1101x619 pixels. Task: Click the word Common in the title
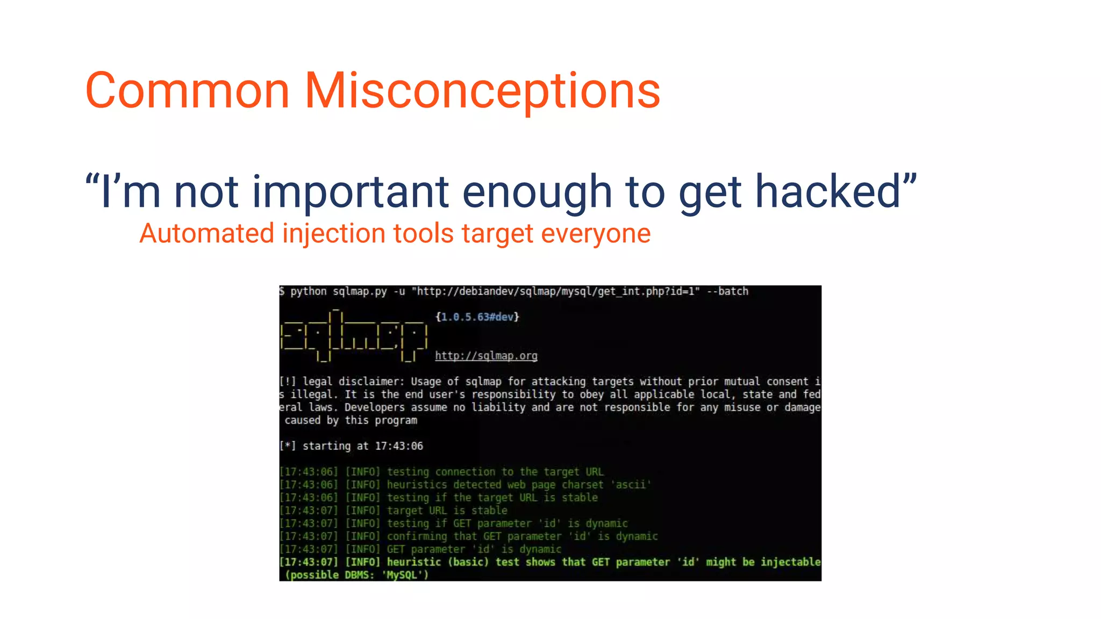tap(188, 91)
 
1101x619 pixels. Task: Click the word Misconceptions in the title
tap(482, 91)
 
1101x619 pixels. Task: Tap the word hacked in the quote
tap(828, 192)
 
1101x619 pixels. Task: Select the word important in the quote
tap(351, 192)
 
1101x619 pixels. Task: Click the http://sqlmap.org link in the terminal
tap(486, 356)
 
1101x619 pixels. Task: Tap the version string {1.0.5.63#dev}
tap(477, 317)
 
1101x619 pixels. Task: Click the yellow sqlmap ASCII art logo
tap(354, 335)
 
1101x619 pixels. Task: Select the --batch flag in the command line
tap(727, 291)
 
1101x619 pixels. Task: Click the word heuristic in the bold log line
tap(414, 562)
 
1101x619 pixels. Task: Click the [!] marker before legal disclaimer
tap(288, 382)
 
